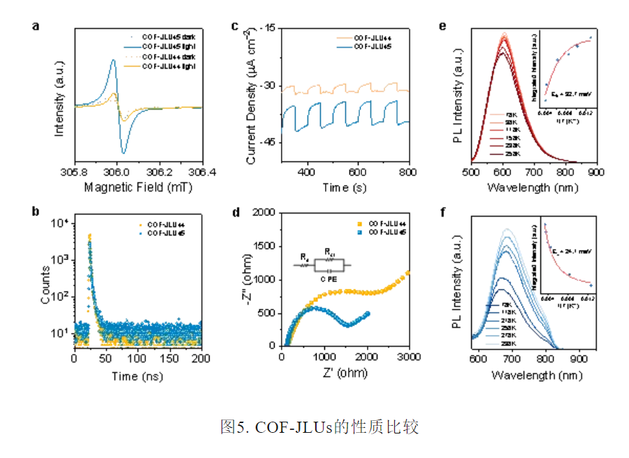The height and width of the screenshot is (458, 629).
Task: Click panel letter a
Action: click(35, 27)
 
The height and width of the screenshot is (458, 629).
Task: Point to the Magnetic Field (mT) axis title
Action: click(138, 187)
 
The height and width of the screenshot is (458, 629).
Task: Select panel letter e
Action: click(442, 27)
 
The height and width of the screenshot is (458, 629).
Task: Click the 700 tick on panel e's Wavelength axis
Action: click(535, 172)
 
